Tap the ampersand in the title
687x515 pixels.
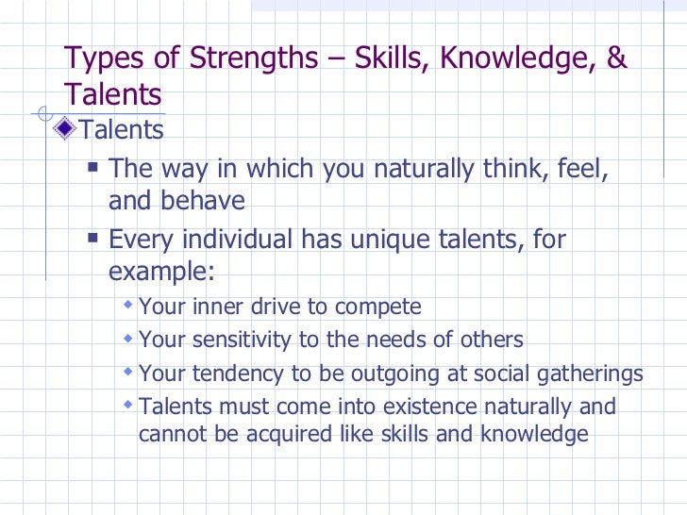pyautogui.click(x=616, y=58)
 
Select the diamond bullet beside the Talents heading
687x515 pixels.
pyautogui.click(x=65, y=128)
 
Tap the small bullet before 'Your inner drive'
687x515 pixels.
pyautogui.click(x=128, y=307)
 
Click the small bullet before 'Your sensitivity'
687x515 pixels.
pyautogui.click(x=128, y=340)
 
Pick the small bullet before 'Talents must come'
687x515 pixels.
pyautogui.click(x=128, y=407)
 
